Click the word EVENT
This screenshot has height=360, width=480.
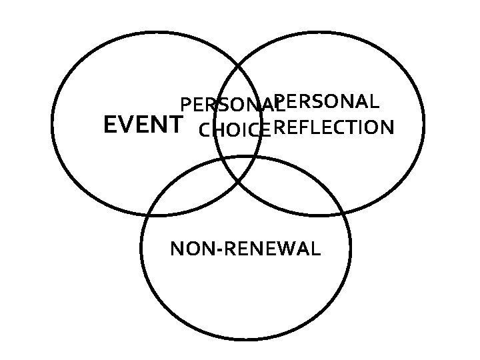pos(143,125)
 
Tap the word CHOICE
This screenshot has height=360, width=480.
pos(234,130)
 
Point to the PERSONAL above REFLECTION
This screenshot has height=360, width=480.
pos(327,102)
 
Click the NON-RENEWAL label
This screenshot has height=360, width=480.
pos(245,249)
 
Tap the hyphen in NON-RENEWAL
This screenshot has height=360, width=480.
pos(221,251)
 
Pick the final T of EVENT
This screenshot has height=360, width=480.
pos(175,125)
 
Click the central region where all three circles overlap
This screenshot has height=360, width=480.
pos(239,170)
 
